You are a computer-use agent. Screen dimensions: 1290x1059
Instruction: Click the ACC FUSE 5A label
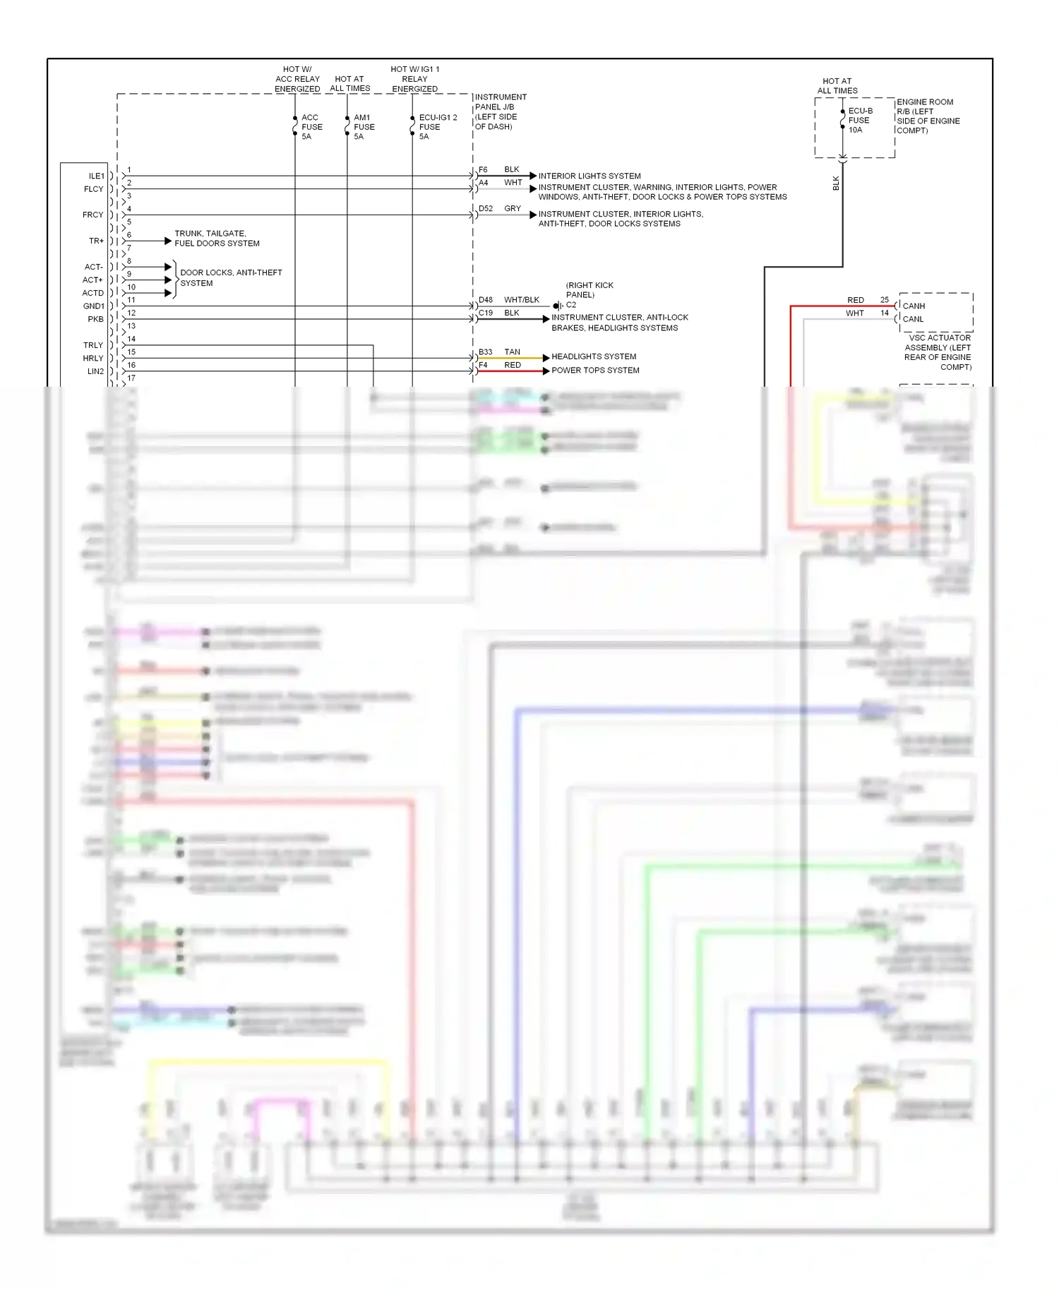click(311, 127)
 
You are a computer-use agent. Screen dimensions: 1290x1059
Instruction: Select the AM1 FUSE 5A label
click(364, 127)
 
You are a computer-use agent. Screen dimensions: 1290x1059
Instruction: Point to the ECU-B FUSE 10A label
click(860, 121)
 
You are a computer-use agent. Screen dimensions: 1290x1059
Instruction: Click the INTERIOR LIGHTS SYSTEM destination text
click(590, 176)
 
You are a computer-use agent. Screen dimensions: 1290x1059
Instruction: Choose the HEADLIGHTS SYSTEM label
click(594, 356)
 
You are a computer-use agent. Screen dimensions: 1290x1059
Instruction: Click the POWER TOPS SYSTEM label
click(595, 370)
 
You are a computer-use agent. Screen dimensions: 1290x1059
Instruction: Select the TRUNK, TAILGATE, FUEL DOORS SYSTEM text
click(217, 239)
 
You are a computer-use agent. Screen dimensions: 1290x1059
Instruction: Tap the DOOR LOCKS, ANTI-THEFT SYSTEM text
click(231, 277)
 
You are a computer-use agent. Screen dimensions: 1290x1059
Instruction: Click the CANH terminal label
click(914, 306)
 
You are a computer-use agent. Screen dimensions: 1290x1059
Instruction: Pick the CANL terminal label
click(913, 319)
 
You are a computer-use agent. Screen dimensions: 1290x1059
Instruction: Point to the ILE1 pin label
click(96, 176)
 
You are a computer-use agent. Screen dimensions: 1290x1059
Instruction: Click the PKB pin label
click(95, 319)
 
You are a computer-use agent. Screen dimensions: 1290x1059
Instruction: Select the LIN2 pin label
click(95, 371)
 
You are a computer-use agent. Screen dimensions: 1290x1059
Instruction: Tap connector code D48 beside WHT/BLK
click(486, 300)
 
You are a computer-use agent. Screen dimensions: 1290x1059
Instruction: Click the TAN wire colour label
click(513, 351)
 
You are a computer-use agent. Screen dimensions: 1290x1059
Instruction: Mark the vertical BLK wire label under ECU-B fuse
click(836, 183)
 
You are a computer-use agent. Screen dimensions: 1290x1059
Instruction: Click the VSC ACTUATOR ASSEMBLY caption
click(938, 352)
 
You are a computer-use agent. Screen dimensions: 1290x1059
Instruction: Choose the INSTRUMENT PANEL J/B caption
click(500, 111)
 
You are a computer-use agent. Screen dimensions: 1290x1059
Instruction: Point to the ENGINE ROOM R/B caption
click(928, 116)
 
